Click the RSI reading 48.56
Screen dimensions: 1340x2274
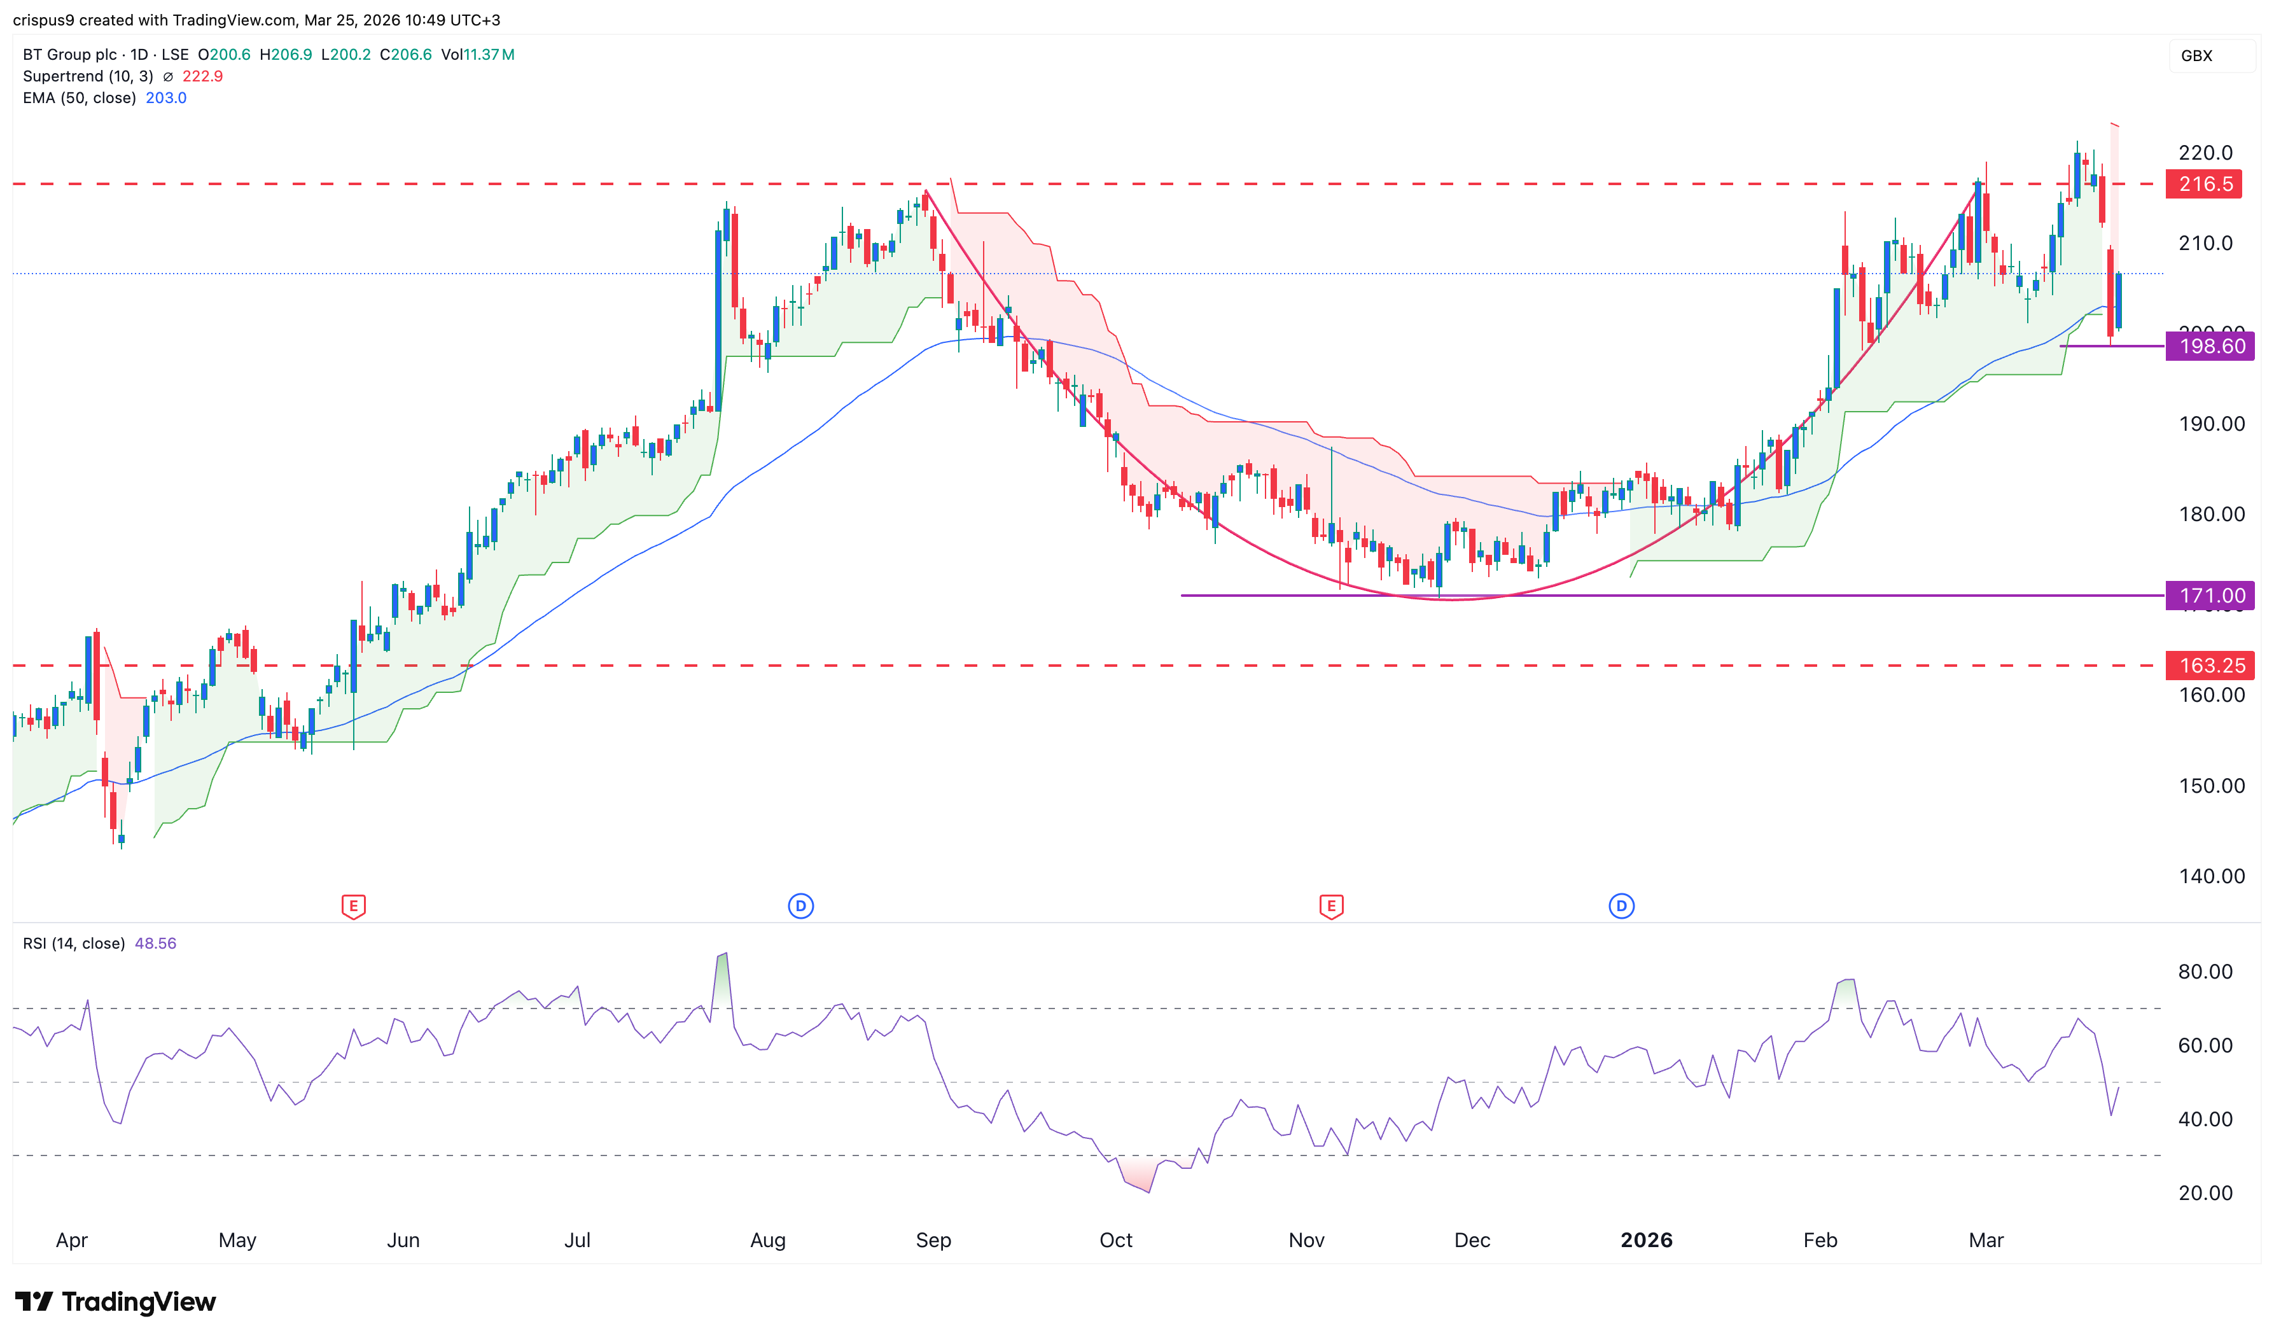coord(155,944)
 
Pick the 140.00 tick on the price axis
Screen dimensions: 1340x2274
coord(2211,877)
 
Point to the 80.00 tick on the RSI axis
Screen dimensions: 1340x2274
coord(2205,972)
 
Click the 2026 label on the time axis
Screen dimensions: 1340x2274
coord(1646,1241)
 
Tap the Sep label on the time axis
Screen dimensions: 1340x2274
coord(933,1241)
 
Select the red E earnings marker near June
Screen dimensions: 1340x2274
coord(354,907)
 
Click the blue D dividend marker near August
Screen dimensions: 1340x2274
coord(800,907)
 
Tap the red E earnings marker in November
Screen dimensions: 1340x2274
coord(1330,907)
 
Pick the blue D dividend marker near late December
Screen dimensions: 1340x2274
coord(1621,907)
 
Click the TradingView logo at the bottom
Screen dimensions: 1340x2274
coord(116,1302)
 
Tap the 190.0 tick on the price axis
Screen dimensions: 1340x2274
coord(2211,424)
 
